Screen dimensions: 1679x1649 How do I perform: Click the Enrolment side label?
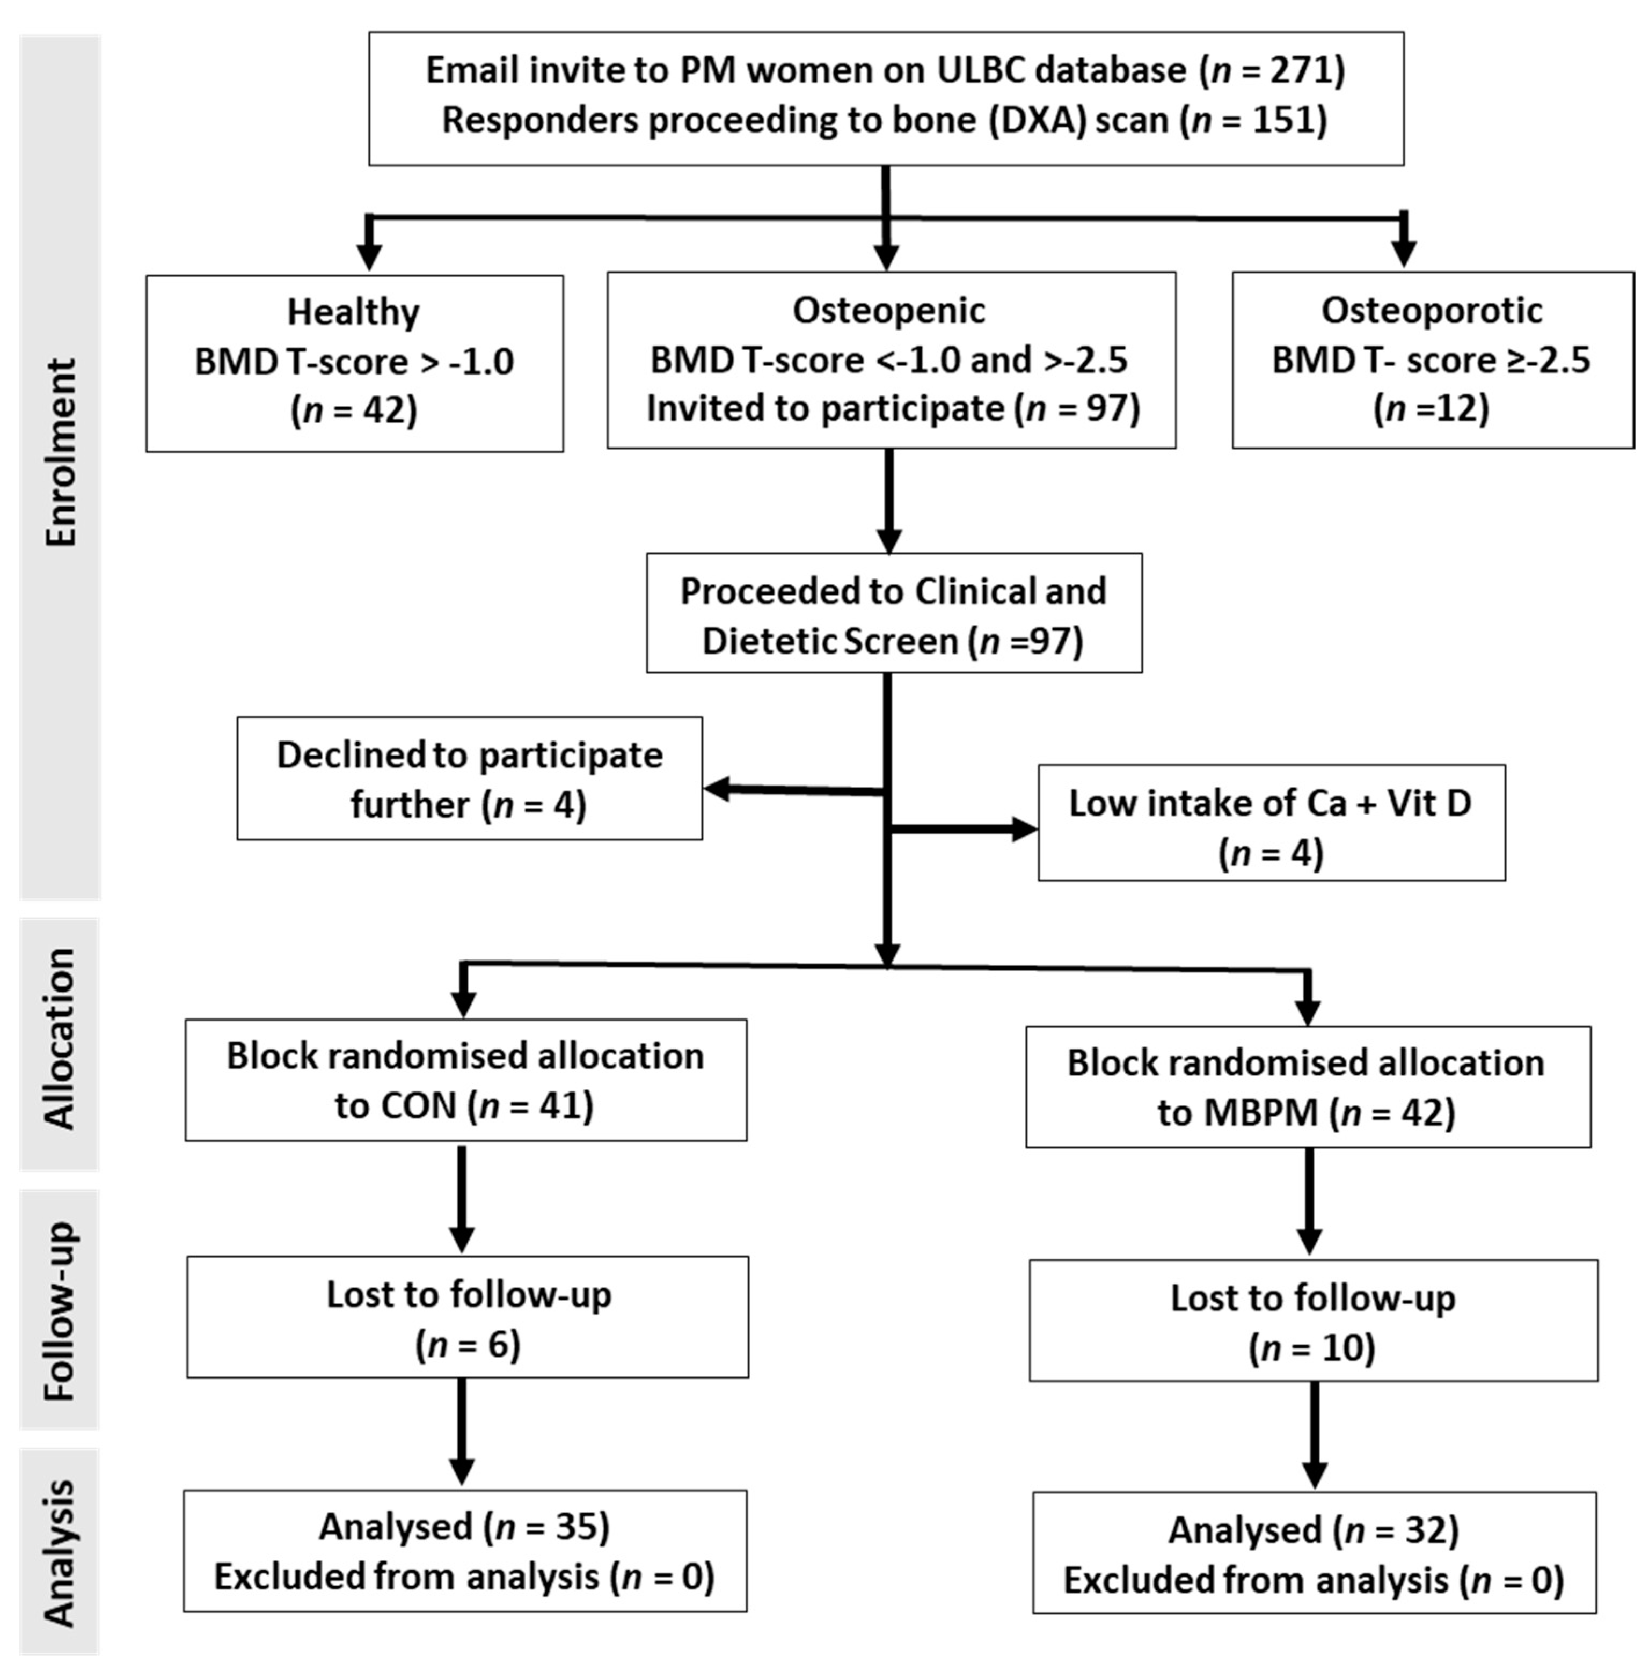point(61,453)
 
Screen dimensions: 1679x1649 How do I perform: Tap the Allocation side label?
point(61,1038)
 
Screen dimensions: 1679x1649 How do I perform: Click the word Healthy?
point(353,312)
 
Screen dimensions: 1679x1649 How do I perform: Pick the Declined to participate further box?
point(469,779)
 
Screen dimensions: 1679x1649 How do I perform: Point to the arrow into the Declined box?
point(719,789)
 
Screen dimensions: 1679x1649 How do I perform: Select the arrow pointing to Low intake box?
point(1022,830)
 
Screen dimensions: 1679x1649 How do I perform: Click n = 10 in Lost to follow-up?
point(1311,1348)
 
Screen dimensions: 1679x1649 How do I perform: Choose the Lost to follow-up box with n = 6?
point(468,1317)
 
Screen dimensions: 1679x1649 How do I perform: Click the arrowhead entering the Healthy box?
point(370,256)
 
